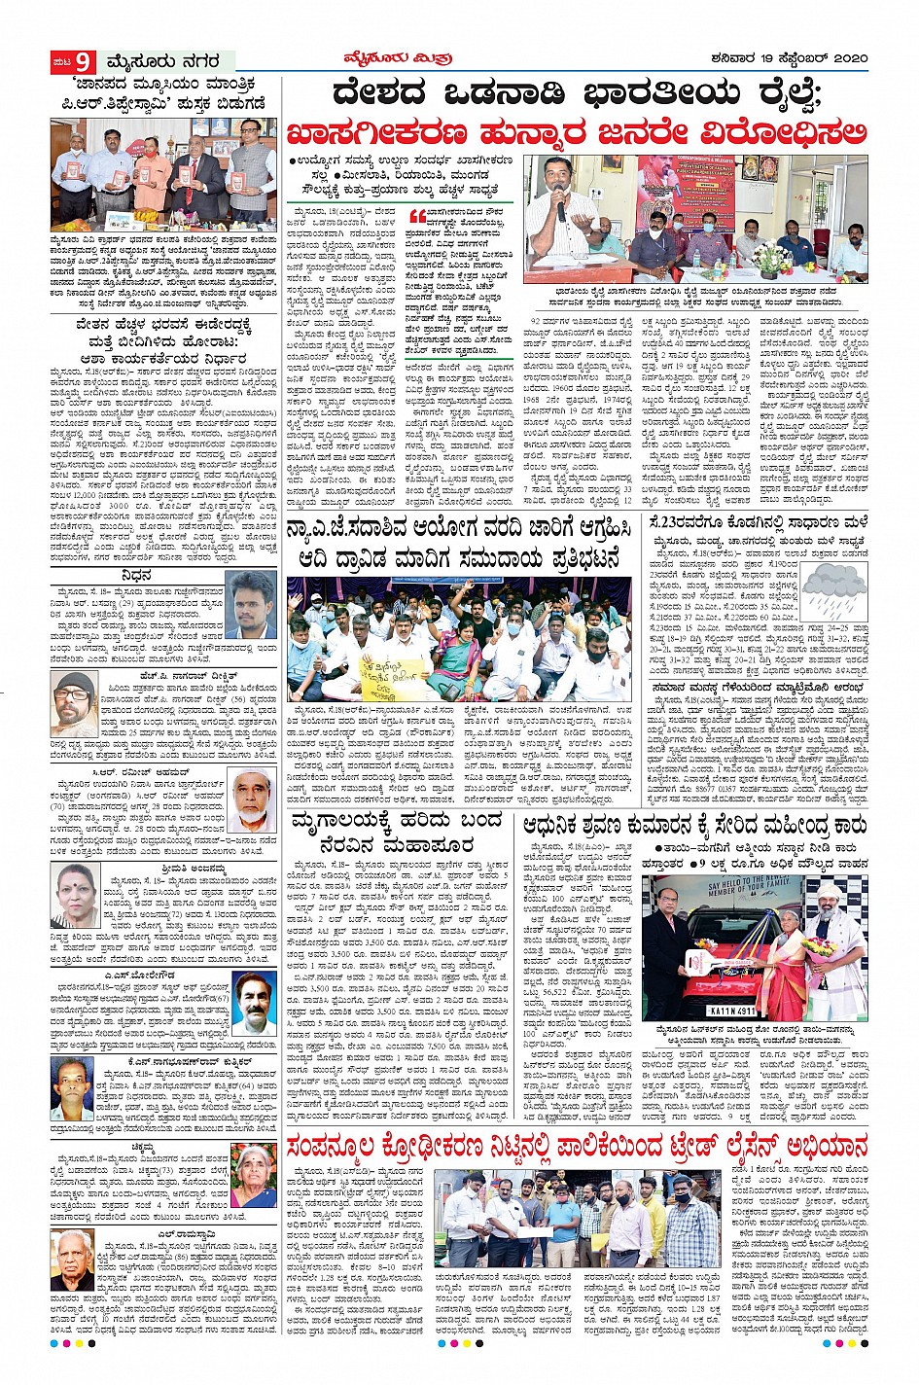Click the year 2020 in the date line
[843, 58]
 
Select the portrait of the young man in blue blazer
[250, 601]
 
